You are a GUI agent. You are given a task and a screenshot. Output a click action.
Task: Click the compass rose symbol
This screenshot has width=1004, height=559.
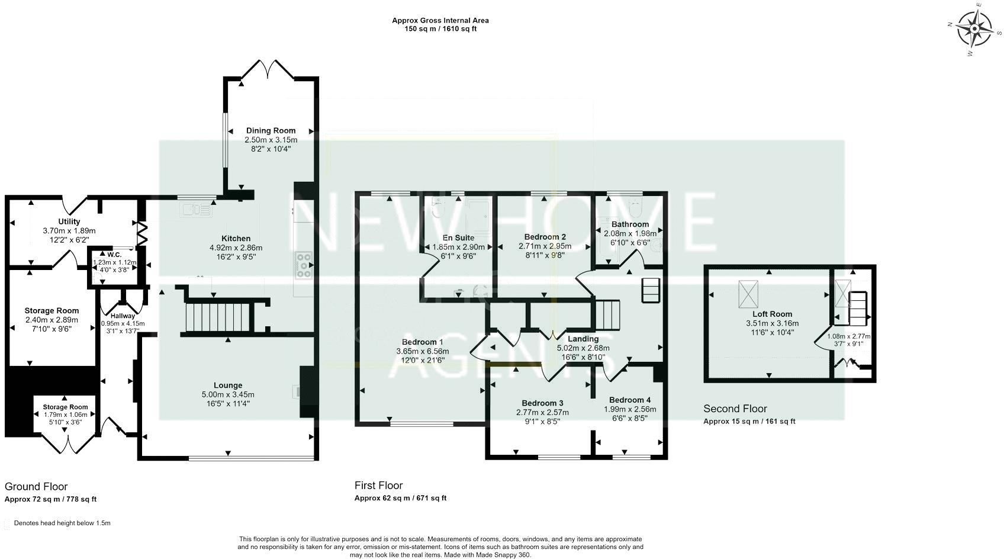(x=974, y=29)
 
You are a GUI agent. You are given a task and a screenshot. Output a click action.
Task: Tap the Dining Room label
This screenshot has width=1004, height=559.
(x=271, y=131)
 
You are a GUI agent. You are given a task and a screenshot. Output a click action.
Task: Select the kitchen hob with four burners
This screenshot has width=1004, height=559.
(x=303, y=265)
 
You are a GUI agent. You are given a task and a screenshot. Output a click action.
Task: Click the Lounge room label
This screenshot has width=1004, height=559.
(x=228, y=385)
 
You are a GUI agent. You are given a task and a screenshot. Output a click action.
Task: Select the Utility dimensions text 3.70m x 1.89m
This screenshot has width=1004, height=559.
(x=69, y=231)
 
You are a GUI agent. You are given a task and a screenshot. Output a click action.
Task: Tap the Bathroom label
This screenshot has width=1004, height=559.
(x=630, y=224)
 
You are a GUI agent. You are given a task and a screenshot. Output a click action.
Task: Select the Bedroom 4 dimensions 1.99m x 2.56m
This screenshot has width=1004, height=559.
(x=629, y=409)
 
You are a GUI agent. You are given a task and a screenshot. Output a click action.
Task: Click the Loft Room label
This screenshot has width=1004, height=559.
(x=772, y=314)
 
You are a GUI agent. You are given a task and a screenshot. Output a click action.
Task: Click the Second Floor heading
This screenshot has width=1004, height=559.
(x=735, y=409)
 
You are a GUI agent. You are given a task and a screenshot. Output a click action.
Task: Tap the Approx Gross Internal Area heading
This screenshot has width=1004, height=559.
(x=440, y=20)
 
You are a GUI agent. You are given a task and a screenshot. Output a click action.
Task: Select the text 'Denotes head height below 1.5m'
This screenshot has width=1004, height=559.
(x=62, y=523)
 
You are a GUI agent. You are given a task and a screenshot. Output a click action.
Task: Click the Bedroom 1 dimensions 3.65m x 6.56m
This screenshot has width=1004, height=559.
(x=422, y=351)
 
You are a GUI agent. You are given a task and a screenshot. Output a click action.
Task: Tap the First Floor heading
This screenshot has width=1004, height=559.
(x=378, y=486)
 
